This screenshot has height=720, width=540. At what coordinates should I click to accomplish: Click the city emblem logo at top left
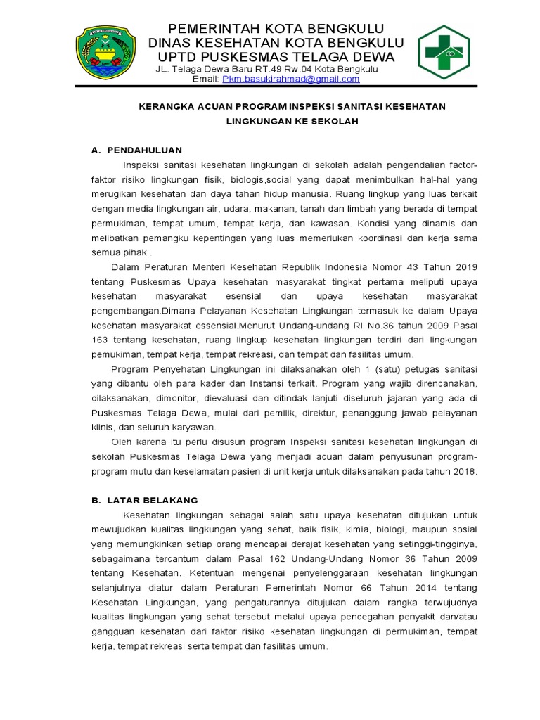pyautogui.click(x=106, y=53)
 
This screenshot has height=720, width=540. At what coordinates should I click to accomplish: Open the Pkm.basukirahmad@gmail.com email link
pyautogui.click(x=290, y=79)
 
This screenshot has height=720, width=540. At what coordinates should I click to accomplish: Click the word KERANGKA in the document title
pyautogui.click(x=162, y=106)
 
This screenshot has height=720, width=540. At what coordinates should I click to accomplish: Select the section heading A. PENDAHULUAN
pyautogui.click(x=137, y=150)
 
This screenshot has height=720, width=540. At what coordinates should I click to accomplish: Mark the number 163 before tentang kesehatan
pyautogui.click(x=102, y=341)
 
